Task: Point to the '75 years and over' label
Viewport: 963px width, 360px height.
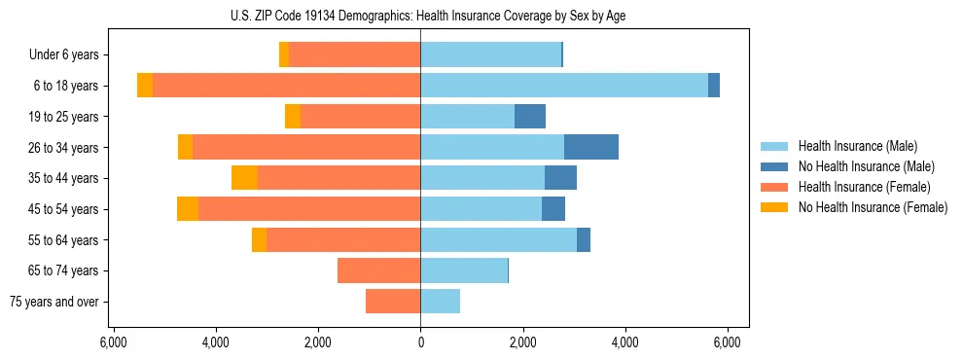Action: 53,302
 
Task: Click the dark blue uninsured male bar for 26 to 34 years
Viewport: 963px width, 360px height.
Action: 591,147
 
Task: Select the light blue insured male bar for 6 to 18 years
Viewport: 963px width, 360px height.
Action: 564,86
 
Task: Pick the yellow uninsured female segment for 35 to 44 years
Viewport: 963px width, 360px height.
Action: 244,178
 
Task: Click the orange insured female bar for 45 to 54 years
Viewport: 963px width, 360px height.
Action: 309,209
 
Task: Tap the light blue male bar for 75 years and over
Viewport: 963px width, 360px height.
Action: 441,302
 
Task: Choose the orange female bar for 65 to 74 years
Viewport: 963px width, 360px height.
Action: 379,270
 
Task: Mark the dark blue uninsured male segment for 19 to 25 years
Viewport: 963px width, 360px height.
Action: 530,117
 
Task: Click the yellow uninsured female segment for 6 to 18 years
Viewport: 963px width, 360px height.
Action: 145,86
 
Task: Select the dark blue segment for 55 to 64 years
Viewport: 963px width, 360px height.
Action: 584,239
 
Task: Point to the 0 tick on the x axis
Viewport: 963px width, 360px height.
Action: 420,342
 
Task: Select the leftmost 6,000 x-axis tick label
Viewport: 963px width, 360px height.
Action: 114,342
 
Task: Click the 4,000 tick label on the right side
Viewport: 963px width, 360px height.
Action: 624,342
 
